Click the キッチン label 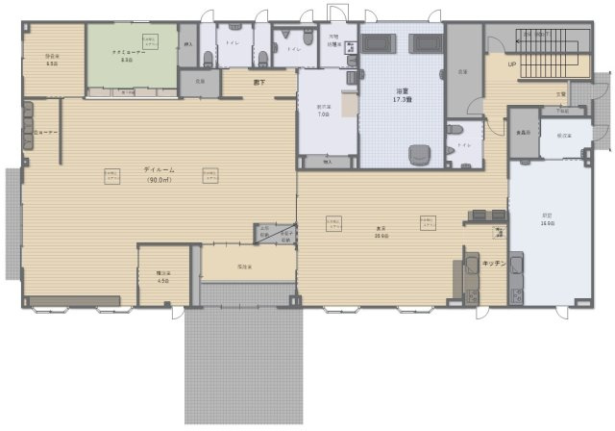(x=494, y=263)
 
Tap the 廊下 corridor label (x=258, y=83)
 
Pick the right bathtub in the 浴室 (x=425, y=44)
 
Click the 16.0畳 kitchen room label (x=547, y=219)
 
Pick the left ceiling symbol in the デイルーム (x=112, y=174)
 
